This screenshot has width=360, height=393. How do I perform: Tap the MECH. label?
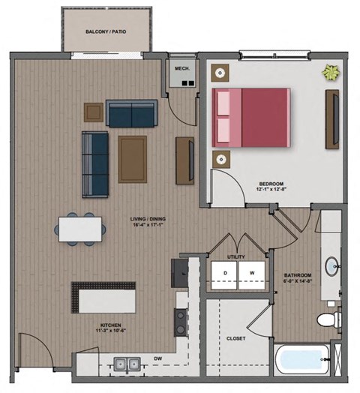pos(181,68)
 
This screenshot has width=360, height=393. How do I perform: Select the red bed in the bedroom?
pos(250,117)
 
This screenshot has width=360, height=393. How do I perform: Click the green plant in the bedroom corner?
pos(330,73)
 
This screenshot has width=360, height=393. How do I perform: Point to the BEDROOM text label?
pos(271,184)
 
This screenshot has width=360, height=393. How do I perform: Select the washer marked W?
pos(252,272)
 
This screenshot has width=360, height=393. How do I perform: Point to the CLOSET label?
pos(235,338)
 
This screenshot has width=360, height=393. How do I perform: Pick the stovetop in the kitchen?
pos(181,322)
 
